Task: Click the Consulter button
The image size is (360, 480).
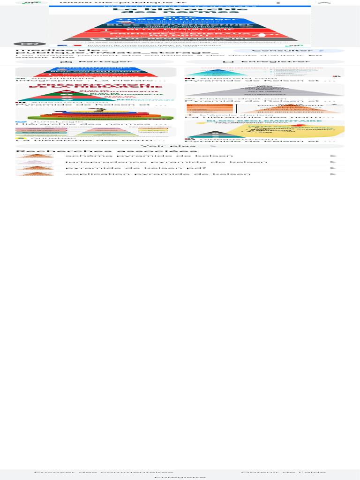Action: coord(289,51)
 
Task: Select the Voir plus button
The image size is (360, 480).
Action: coord(180,146)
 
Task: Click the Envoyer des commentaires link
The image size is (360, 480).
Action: coord(104,472)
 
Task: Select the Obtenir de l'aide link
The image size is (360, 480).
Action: coord(284,472)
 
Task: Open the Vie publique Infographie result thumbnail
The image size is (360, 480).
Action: coord(96,72)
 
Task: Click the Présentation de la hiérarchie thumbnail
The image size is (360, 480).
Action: coord(96,92)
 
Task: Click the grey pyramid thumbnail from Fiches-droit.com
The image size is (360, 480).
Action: coord(264,90)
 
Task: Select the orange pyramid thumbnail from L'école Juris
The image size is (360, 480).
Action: coord(264,109)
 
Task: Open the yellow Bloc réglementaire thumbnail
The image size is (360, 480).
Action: coord(264,129)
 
